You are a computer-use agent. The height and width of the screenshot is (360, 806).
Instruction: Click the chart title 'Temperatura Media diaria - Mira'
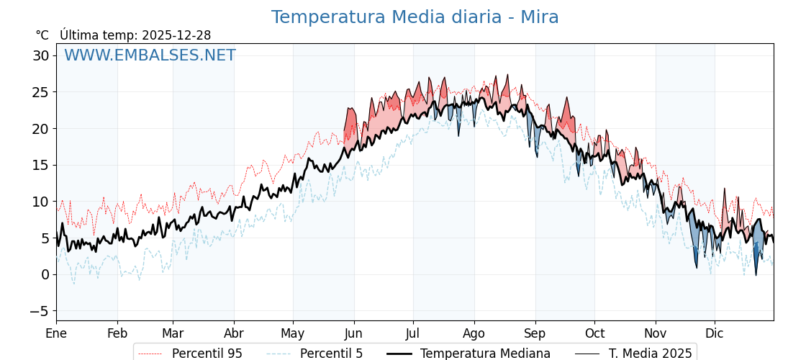pos(415,17)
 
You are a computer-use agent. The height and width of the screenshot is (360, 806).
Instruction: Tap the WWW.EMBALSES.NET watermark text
pos(150,55)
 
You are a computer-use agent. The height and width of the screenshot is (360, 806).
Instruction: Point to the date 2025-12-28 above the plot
pos(176,35)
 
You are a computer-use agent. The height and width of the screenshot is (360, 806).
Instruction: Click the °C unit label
pos(42,35)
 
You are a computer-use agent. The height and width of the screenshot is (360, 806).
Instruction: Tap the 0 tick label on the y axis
pos(45,274)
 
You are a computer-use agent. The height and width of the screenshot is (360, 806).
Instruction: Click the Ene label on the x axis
pos(56,333)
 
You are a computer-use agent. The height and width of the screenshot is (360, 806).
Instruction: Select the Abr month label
pos(234,333)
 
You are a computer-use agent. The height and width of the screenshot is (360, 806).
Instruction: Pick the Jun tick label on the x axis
pos(354,333)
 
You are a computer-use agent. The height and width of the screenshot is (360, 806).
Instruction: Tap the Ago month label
pos(474,333)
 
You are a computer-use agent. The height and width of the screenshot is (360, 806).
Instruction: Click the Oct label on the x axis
pos(594,333)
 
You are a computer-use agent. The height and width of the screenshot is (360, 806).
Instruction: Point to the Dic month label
pos(715,333)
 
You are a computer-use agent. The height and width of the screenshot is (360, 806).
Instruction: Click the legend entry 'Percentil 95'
pos(207,354)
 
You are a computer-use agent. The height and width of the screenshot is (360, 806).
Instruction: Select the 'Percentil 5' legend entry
pos(331,354)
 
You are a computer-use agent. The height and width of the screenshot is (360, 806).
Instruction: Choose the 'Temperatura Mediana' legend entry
pos(485,354)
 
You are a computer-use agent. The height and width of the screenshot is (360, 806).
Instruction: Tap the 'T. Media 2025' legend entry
pos(650,354)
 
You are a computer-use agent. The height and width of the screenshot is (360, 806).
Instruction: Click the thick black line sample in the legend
pos(400,354)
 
